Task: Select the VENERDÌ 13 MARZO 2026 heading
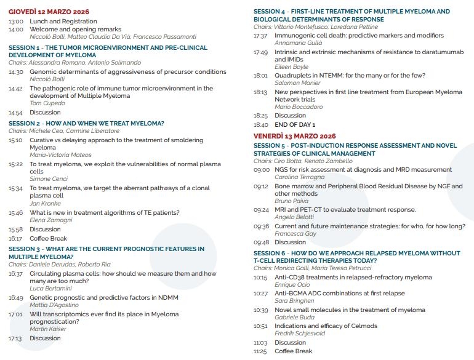click(x=295, y=136)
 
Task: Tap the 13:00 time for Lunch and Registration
click(x=15, y=21)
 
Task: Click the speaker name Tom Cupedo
click(x=48, y=104)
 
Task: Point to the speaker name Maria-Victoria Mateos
click(x=60, y=155)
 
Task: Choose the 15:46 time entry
click(x=15, y=213)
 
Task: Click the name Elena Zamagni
click(x=51, y=221)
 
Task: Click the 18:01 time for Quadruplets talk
click(x=260, y=75)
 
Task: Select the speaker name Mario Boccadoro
click(x=299, y=107)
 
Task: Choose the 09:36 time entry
click(x=261, y=226)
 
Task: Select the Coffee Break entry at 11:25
click(x=293, y=351)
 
